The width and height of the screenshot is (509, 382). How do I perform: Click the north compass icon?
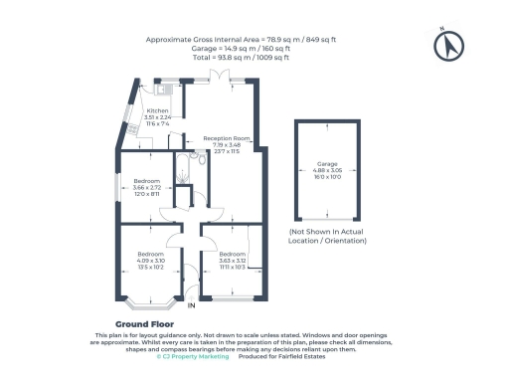(x=450, y=45)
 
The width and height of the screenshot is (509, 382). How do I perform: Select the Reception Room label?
(x=227, y=138)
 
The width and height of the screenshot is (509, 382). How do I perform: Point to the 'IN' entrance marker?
(x=191, y=306)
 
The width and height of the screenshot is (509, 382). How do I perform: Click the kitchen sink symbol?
(x=169, y=91)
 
